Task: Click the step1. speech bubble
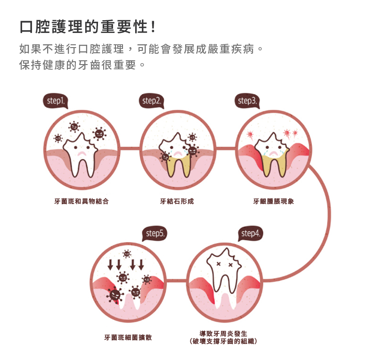56,101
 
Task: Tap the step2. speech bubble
152,101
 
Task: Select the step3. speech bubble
247,101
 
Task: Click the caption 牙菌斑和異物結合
82,201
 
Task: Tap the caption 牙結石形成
177,201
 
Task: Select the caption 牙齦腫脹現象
273,201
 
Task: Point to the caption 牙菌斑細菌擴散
128,338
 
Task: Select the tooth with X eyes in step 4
225,273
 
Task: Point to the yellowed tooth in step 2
178,155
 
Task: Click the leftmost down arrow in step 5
111,264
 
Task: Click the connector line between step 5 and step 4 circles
177,281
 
